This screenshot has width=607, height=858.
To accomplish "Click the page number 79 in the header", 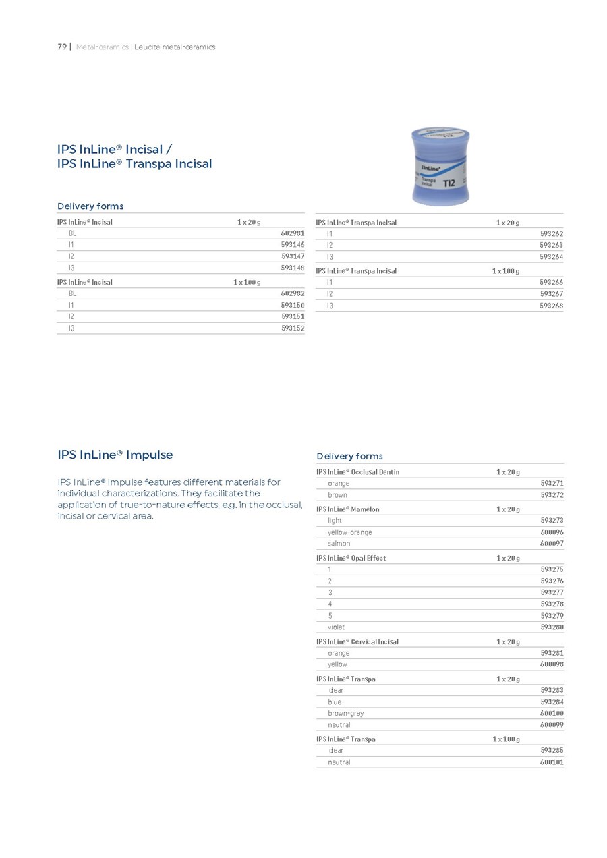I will coord(61,47).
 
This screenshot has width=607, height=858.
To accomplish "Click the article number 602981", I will coord(293,233).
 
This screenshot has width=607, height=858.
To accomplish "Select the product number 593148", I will coord(293,268).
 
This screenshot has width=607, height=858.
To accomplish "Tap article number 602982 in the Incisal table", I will coord(293,293).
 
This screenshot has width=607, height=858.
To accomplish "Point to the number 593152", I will coord(293,328).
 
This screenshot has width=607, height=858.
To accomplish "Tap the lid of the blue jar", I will coord(440,134).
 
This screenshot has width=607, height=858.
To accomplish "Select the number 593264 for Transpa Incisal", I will coord(552,257).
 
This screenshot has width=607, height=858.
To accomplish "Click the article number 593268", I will coord(552,306).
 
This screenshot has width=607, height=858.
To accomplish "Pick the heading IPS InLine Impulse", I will coord(115,455).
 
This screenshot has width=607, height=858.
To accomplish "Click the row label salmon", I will coord(339,544).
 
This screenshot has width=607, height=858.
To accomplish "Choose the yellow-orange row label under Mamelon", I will coord(349,532).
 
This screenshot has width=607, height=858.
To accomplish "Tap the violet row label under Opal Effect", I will coord(336,627).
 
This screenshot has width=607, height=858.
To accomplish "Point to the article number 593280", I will coord(552,627).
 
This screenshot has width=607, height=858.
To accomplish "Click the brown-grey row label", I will coord(345,713).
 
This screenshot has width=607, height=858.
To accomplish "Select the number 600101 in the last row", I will coord(552,762).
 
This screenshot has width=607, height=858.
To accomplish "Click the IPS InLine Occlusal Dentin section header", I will coord(358,472).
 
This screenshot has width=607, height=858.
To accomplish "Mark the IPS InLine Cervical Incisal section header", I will coord(357,641).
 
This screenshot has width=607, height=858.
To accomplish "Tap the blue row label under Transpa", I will coord(335,702).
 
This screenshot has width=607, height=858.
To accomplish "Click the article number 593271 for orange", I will coord(552,484).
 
